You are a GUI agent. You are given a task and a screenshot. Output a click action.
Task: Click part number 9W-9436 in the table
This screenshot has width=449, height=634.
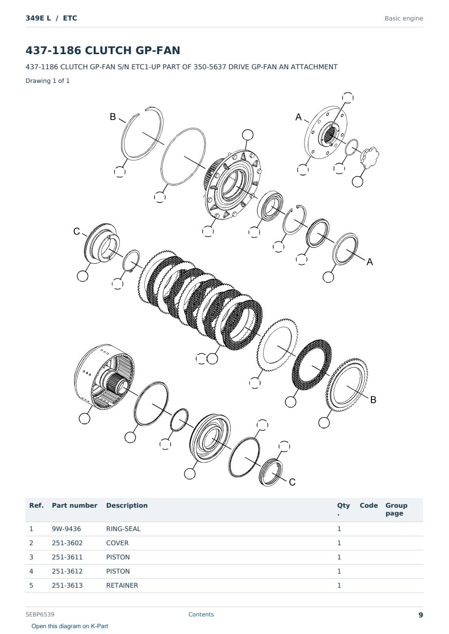coord(66,529)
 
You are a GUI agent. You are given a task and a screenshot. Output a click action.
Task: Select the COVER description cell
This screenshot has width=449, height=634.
coord(117,543)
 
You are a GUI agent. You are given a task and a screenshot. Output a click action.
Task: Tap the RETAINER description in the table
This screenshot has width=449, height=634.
coord(122,585)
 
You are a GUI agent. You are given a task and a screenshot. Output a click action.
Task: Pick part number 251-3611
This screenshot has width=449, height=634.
coord(67,557)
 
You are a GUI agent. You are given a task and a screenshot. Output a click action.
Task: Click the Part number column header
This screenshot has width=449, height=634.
coord(75,506)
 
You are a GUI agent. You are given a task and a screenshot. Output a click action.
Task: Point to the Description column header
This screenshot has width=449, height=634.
coord(127,506)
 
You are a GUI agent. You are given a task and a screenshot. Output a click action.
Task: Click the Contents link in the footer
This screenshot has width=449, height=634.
coord(201,614)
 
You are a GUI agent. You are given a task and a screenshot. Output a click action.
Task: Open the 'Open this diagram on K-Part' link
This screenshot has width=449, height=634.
coord(70,626)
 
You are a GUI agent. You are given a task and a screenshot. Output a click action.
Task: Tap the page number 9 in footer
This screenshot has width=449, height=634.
coord(421,615)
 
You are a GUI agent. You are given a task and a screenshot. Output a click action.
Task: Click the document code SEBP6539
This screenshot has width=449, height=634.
coord(40,614)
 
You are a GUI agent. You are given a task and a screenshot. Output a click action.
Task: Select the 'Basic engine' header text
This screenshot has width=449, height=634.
coord(404,19)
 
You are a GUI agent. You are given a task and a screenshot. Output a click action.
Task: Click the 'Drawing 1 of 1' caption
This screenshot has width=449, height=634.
coord(48,81)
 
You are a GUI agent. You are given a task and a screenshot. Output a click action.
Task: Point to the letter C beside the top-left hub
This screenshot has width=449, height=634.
coord(77,231)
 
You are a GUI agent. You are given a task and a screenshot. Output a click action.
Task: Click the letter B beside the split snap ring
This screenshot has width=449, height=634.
coord(113,117)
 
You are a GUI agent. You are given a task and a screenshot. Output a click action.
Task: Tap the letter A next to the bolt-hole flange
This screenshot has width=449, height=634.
coord(299,117)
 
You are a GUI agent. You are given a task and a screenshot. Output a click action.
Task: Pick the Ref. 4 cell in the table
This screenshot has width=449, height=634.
coord(31,571)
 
